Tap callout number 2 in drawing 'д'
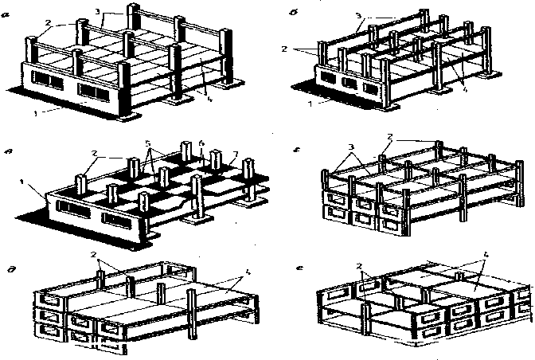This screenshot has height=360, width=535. [x=93, y=256]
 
